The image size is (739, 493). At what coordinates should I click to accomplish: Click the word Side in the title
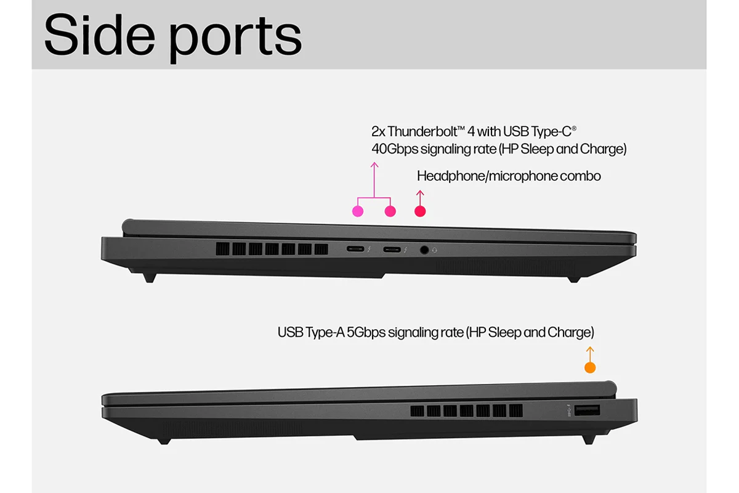click(x=100, y=35)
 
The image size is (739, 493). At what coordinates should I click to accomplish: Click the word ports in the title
click(x=235, y=39)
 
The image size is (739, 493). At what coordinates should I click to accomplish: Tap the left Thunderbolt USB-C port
click(x=355, y=249)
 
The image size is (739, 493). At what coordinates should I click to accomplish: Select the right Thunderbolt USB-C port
click(x=392, y=250)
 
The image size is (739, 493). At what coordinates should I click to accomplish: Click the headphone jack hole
click(x=424, y=250)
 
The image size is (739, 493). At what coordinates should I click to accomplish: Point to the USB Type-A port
click(x=587, y=410)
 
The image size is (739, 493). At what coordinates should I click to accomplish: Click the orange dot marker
click(x=590, y=367)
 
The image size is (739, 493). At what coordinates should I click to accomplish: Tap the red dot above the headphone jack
click(x=420, y=211)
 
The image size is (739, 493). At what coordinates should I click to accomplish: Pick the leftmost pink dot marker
click(x=358, y=211)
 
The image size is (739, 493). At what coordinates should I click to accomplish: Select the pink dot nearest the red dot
click(x=390, y=211)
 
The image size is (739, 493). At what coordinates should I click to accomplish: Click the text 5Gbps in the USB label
click(x=366, y=332)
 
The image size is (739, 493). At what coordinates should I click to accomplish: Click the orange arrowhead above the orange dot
click(x=590, y=349)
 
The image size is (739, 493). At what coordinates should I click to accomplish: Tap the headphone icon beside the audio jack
click(x=435, y=251)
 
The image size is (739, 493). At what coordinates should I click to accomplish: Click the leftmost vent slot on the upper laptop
click(x=222, y=249)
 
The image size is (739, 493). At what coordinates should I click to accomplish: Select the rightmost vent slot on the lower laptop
click(x=515, y=411)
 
